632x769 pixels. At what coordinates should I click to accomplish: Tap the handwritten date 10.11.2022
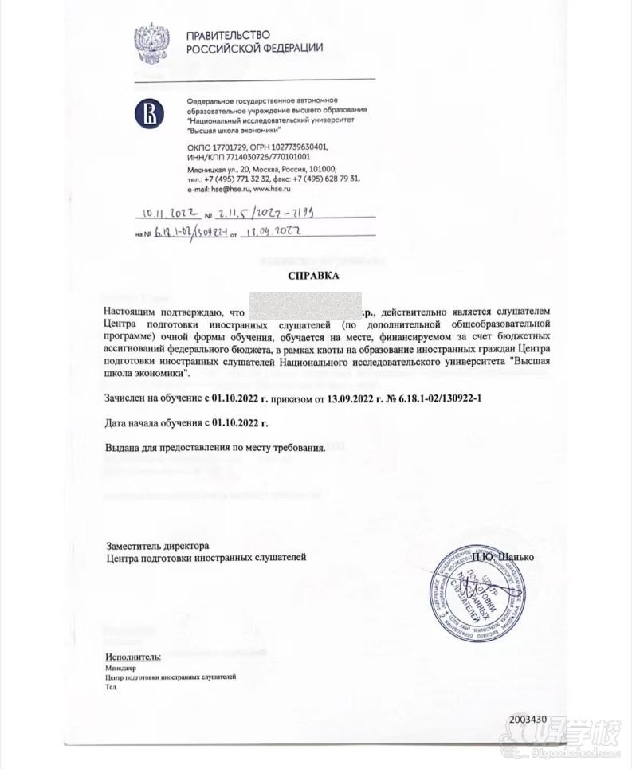(171, 214)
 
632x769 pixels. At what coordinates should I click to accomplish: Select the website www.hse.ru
(272, 189)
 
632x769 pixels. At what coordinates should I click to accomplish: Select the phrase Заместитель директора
(158, 547)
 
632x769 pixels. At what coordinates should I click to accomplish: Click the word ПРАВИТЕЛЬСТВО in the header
(228, 35)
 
